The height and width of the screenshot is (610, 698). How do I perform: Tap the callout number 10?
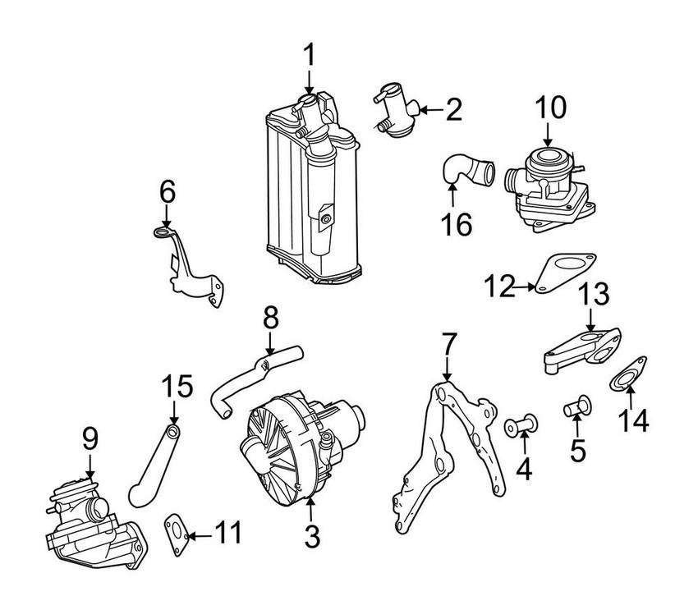552,108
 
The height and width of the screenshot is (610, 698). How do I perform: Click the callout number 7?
448,345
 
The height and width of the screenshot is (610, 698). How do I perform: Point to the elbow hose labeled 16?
466,172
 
